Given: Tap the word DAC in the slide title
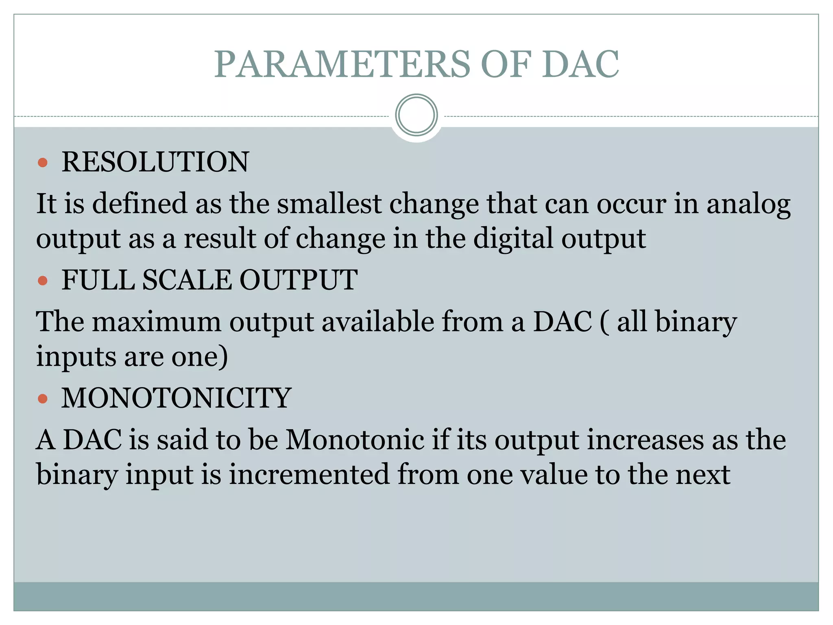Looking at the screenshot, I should [x=580, y=64].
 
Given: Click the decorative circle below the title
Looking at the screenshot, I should [x=416, y=115].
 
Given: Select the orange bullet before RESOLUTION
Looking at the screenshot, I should [x=43, y=163].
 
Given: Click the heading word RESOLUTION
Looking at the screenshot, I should [x=155, y=162].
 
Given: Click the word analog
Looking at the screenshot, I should [x=748, y=205].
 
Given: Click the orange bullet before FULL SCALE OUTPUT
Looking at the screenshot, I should [x=43, y=280].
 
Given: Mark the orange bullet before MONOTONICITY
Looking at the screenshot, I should [x=43, y=398].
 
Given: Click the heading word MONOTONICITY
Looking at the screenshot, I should [x=177, y=398].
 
